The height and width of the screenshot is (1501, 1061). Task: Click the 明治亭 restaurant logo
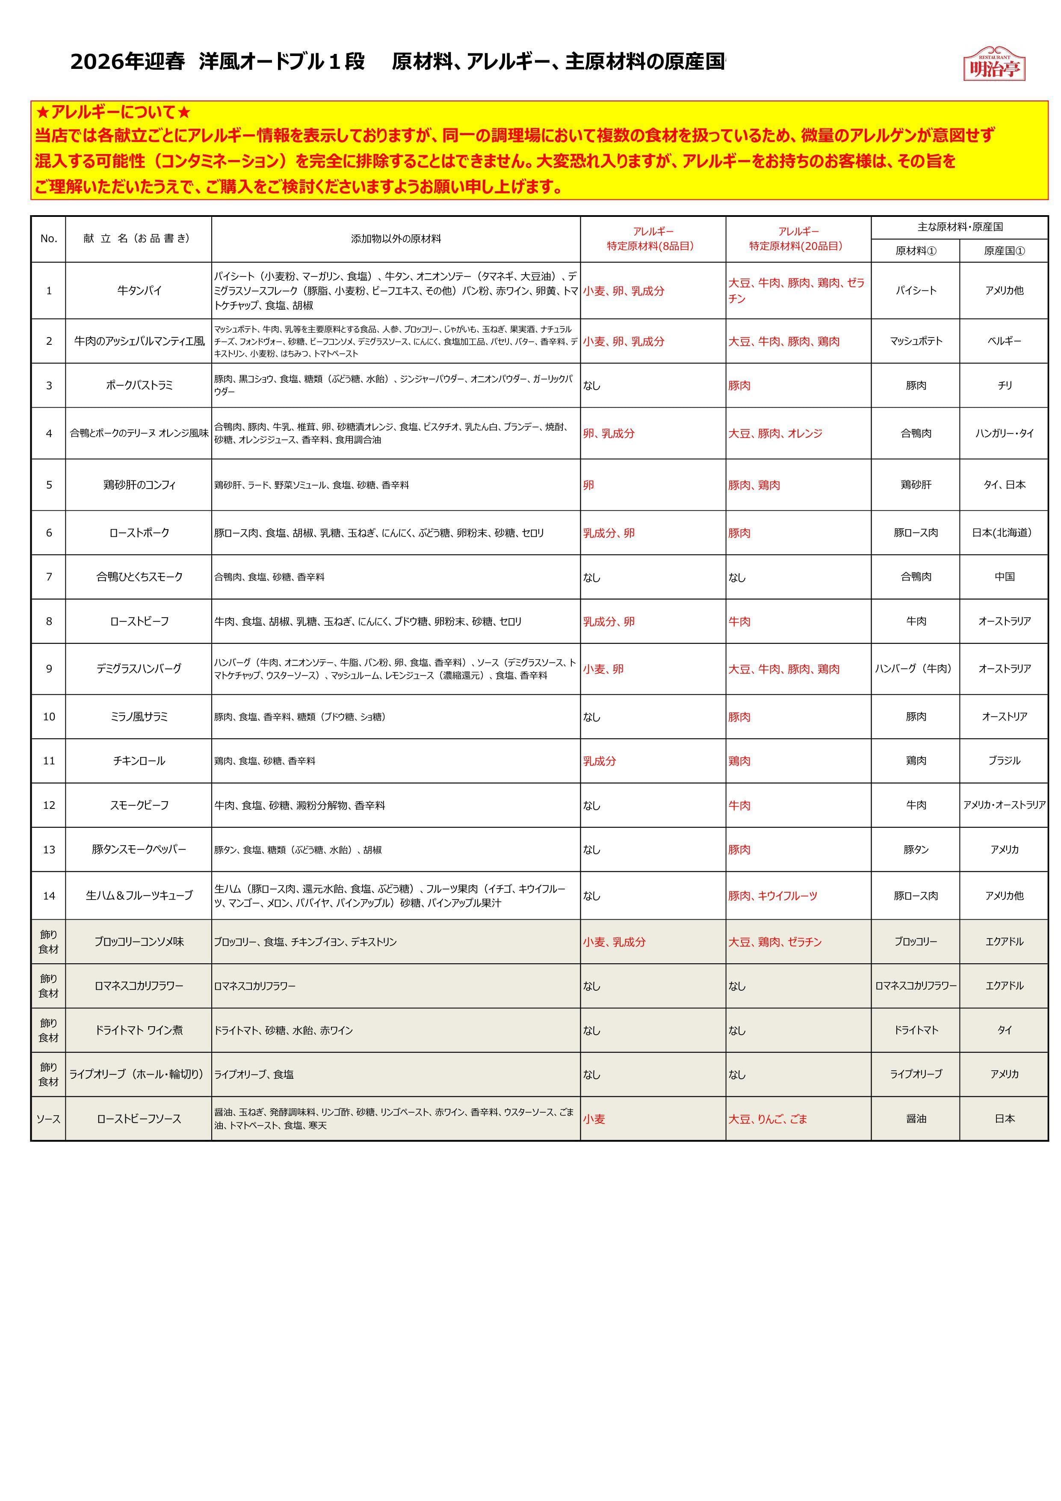tap(994, 64)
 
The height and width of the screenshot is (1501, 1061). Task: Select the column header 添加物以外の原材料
tap(396, 239)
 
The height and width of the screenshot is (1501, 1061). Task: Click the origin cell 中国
tap(1004, 577)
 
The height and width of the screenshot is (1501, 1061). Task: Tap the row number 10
tap(49, 716)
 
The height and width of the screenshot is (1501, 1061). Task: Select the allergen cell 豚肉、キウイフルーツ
tap(773, 896)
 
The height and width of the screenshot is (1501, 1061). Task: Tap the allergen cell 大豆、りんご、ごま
tap(768, 1119)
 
